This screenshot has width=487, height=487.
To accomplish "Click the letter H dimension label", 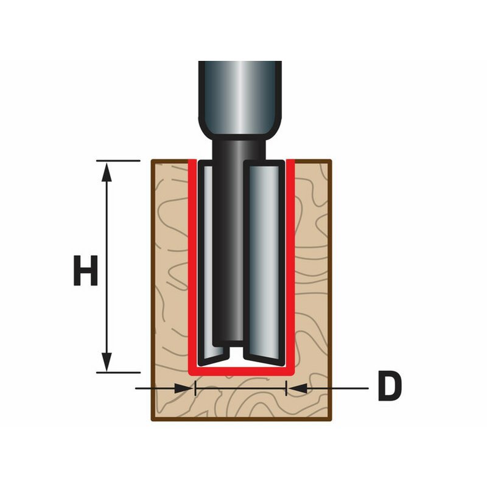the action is (x=85, y=270).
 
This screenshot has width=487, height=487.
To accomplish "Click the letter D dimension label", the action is (x=390, y=386).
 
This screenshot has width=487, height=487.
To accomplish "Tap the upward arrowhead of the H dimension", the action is (x=107, y=172).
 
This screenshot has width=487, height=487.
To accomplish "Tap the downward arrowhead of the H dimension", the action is (x=107, y=362).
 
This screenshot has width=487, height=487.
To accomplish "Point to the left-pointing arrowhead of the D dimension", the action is (x=297, y=388).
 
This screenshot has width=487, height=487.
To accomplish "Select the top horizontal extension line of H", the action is (x=118, y=161).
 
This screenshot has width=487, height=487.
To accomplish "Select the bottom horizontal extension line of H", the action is (x=118, y=373).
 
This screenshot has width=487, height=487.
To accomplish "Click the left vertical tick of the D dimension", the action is (x=195, y=388).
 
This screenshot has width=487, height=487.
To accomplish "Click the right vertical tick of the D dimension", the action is (x=286, y=388).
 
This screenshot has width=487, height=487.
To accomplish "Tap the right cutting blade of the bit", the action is (x=264, y=263).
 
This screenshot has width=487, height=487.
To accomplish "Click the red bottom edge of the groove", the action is (x=242, y=371).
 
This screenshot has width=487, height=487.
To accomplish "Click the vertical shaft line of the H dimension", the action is (x=107, y=267).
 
